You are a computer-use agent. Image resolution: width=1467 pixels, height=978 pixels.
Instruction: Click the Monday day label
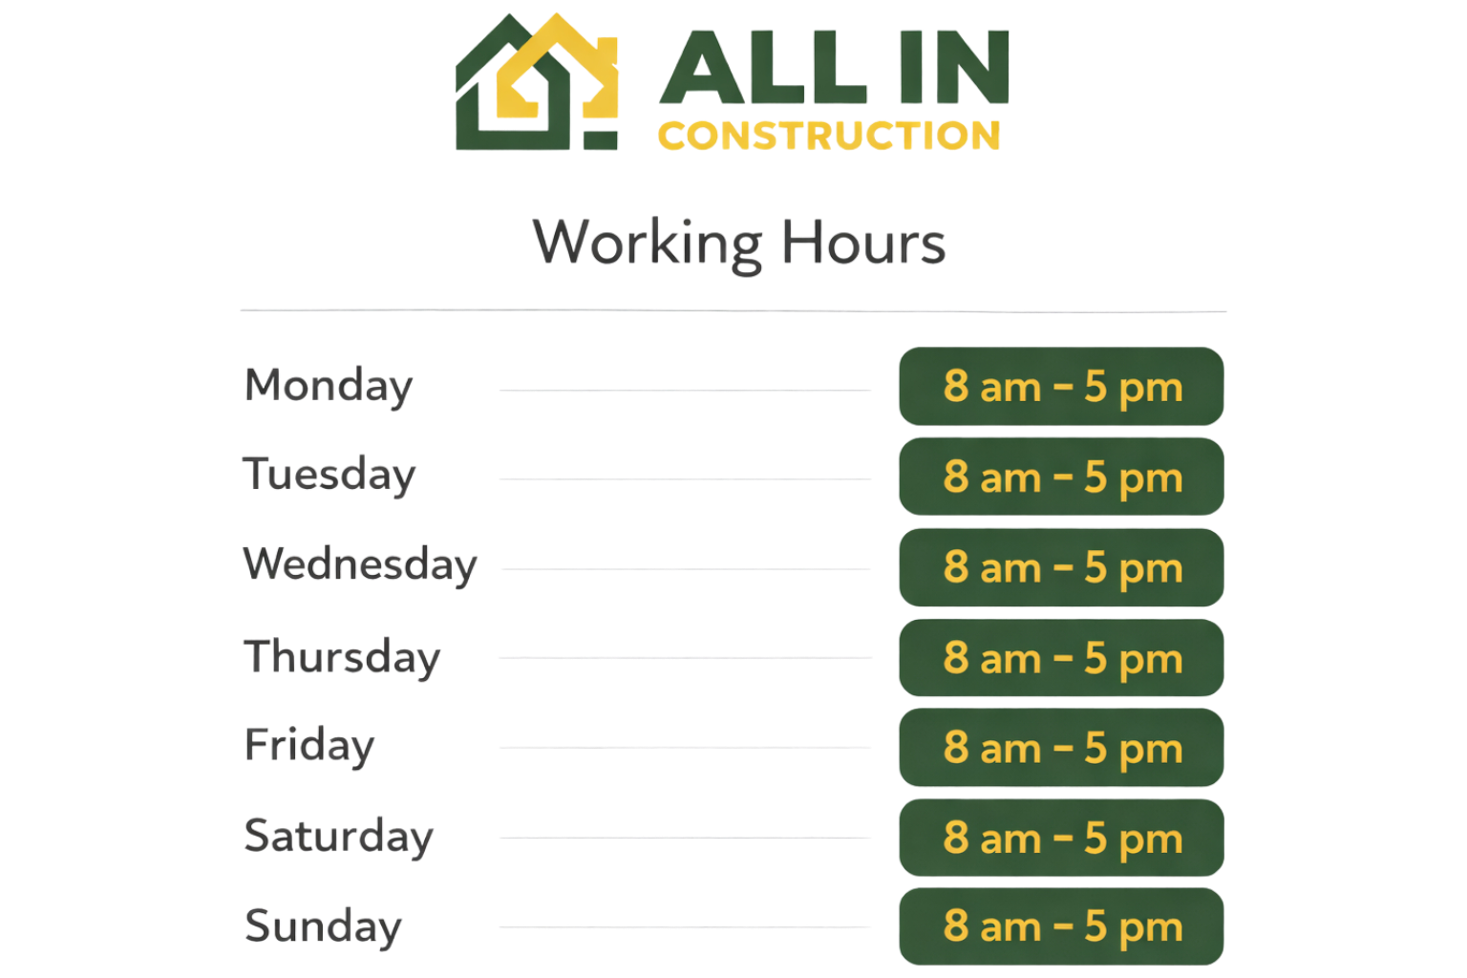tap(329, 386)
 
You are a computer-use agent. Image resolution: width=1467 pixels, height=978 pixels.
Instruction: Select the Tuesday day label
tap(330, 475)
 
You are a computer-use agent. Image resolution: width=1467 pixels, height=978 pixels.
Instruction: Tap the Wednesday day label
tap(360, 564)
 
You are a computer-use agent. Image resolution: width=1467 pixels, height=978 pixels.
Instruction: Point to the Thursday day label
tap(342, 657)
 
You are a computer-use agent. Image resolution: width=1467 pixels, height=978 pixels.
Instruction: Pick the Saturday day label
tap(338, 836)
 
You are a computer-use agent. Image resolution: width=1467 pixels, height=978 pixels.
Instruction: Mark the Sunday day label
tap(323, 925)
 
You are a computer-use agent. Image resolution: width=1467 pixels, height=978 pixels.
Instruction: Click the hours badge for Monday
tap(1061, 387)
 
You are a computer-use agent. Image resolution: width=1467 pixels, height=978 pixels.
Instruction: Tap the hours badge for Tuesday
tap(1061, 477)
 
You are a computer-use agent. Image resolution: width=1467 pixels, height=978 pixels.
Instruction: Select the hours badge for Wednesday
tap(1061, 567)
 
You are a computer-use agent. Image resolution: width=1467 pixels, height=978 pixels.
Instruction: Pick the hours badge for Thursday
tap(1061, 658)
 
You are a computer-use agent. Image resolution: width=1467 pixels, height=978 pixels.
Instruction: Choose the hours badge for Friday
tap(1061, 748)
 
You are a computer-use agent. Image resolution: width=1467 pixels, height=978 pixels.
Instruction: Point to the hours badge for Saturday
tap(1061, 838)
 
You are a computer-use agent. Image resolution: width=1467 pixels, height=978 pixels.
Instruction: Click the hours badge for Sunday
tap(1061, 926)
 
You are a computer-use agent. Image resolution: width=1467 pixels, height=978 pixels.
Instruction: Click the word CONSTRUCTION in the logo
tap(829, 136)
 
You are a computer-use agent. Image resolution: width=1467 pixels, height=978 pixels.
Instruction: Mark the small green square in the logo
tap(602, 139)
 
